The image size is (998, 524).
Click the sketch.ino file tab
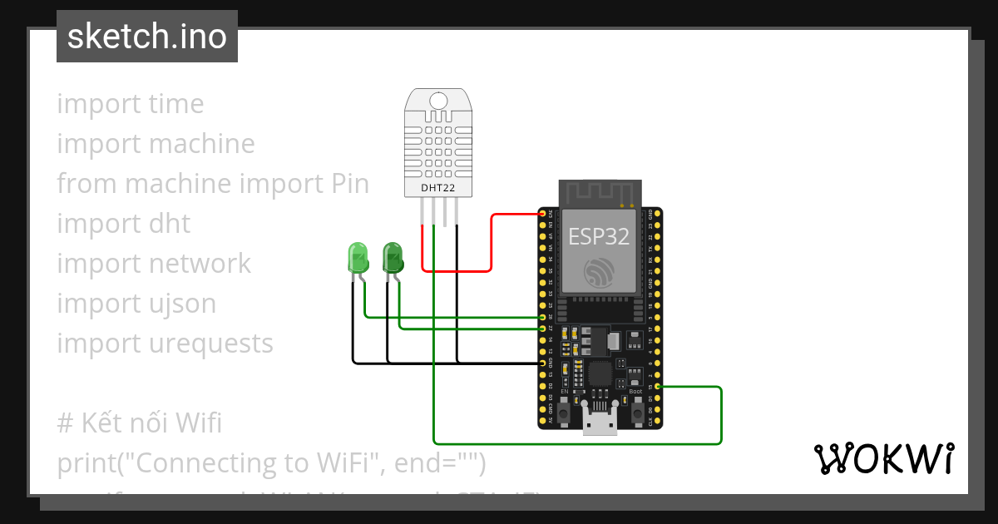coord(147,37)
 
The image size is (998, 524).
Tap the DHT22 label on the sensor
coord(437,188)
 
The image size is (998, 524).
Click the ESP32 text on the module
coord(598,236)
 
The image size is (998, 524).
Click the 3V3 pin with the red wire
coord(543,215)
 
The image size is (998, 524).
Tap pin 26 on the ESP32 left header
coord(543,317)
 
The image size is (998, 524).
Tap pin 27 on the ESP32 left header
coord(543,329)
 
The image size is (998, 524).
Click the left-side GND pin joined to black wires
coord(543,363)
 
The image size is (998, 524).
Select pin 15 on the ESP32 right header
coord(658,387)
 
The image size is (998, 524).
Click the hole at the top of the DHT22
coord(437,101)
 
